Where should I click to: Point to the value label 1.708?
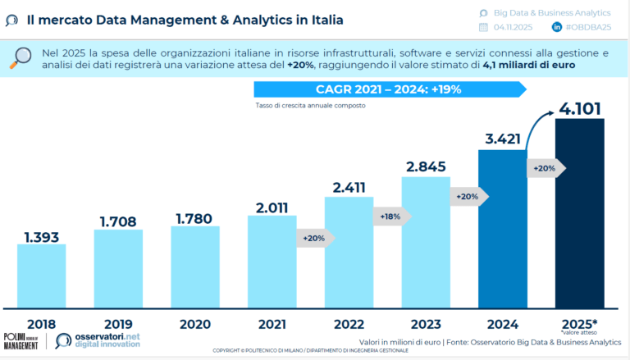point(118,221)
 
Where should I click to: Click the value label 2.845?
point(426,166)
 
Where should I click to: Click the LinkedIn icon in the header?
point(558,28)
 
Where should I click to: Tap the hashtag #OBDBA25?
point(589,28)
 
